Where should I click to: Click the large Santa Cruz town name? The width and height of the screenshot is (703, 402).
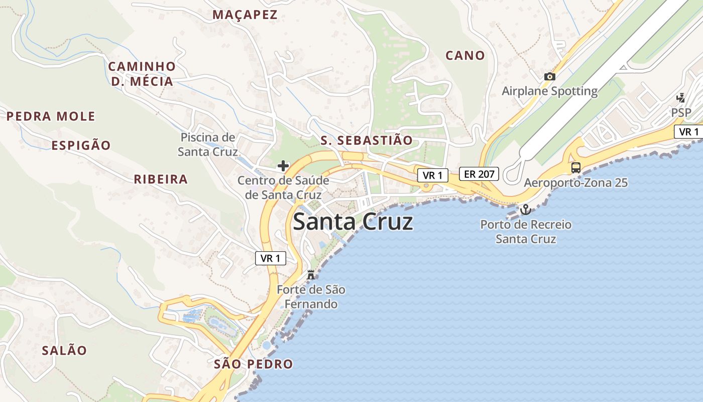click(x=353, y=222)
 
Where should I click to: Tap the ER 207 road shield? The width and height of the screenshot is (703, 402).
click(x=479, y=174)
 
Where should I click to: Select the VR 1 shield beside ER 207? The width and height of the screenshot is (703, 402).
click(x=432, y=175)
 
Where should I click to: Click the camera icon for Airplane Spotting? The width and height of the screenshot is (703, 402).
click(x=550, y=76)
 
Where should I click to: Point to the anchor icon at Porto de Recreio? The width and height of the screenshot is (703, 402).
click(x=526, y=209)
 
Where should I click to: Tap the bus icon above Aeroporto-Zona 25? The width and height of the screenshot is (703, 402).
click(x=576, y=167)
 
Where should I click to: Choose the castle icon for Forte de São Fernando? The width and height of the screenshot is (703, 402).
click(x=310, y=274)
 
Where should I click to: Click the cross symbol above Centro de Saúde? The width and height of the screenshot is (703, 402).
click(x=283, y=165)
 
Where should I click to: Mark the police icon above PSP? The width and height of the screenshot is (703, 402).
click(x=681, y=97)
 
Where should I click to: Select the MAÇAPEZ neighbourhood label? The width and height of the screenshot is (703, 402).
click(x=245, y=15)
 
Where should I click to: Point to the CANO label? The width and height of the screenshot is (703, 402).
click(x=465, y=55)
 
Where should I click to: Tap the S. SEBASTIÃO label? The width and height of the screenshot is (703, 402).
click(x=367, y=140)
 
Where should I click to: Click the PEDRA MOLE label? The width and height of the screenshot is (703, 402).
click(x=51, y=117)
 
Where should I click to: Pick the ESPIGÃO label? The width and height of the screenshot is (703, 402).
click(x=81, y=146)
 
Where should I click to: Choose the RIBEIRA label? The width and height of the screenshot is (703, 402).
click(x=161, y=179)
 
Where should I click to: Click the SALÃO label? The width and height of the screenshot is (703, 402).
click(x=64, y=350)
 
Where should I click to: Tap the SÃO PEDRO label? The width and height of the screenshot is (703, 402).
click(x=253, y=364)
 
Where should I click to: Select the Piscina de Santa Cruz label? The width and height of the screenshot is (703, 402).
click(x=207, y=144)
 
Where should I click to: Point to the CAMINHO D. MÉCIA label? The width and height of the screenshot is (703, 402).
click(x=142, y=74)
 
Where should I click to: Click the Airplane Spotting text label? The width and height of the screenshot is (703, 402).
click(x=550, y=91)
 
